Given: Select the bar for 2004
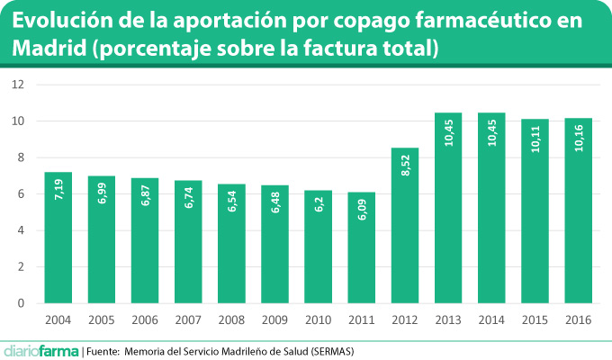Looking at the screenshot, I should click(58, 238).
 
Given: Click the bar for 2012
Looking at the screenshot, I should click(405, 225).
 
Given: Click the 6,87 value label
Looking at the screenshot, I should click(145, 199).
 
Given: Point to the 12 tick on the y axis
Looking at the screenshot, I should click(18, 85).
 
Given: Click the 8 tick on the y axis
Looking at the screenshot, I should click(21, 157).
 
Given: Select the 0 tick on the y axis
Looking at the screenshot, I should click(21, 303).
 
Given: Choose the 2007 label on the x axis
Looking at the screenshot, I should click(188, 320).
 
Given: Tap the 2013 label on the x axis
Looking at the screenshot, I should click(448, 320).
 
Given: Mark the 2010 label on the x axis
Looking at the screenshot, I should click(318, 320).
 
